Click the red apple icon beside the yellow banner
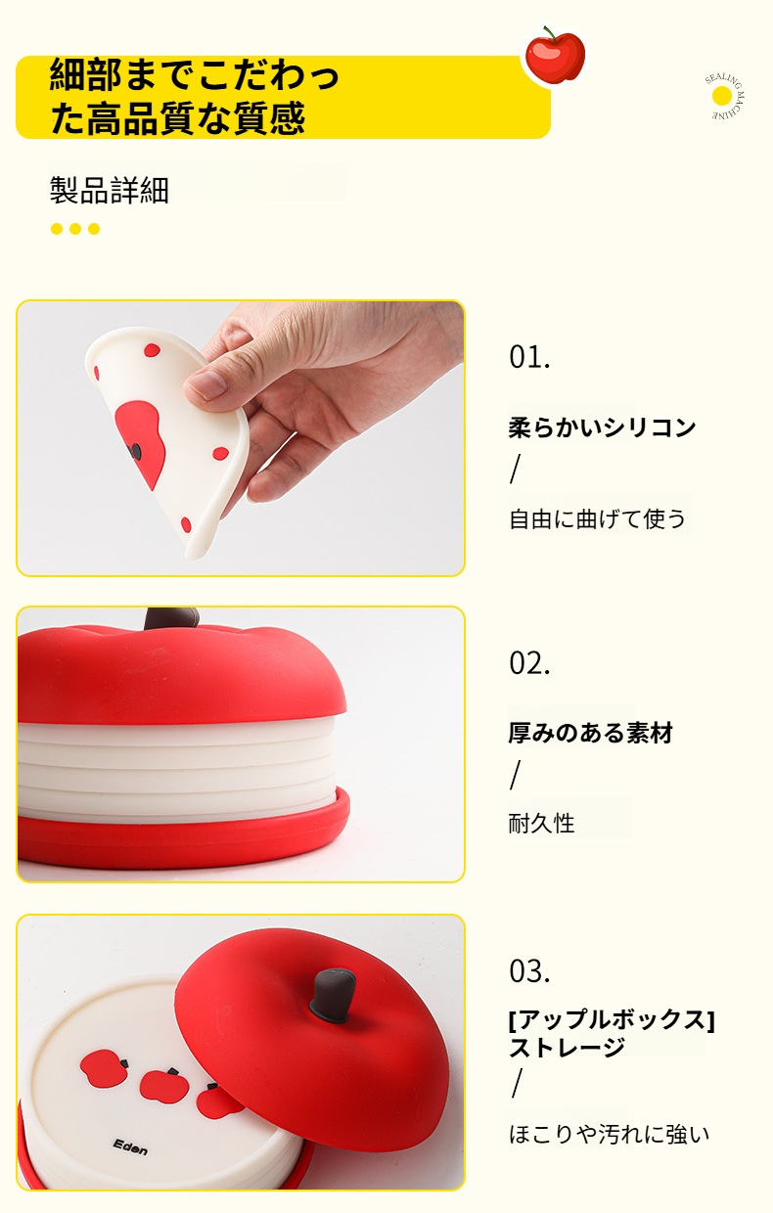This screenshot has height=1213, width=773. click(555, 55)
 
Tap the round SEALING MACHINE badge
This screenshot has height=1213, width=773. click(724, 97)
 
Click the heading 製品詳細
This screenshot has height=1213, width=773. click(110, 190)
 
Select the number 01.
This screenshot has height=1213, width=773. click(529, 357)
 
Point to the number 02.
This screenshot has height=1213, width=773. click(529, 663)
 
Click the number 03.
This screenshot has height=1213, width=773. click(529, 971)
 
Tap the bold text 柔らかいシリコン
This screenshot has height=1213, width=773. click(602, 427)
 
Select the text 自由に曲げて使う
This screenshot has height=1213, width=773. click(597, 518)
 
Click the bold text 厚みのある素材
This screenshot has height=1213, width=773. click(590, 733)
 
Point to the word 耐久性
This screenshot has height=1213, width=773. click(541, 823)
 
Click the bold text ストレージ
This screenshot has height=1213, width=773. click(568, 1048)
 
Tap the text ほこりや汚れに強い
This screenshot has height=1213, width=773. click(609, 1134)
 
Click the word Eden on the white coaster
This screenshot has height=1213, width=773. click(130, 1146)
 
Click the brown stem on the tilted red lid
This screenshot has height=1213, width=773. click(333, 995)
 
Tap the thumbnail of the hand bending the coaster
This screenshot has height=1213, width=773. click(241, 438)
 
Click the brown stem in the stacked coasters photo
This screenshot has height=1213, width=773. click(171, 617)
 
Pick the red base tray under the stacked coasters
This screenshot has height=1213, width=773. click(183, 832)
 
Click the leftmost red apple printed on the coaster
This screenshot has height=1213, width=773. click(104, 1067)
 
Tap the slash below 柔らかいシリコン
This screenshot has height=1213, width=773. click(515, 469)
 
